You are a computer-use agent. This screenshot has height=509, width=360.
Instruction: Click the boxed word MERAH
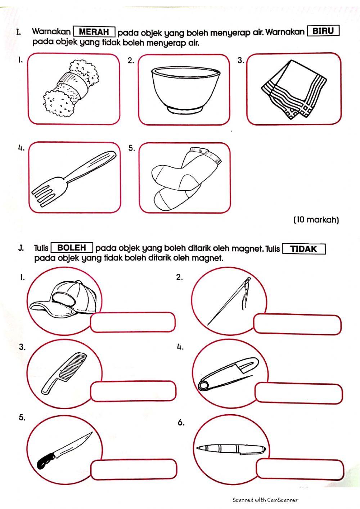point(94,32)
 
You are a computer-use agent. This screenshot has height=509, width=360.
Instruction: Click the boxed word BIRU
point(323,31)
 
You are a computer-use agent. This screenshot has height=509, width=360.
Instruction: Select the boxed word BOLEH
point(72,248)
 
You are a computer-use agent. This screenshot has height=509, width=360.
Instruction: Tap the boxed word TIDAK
point(304,249)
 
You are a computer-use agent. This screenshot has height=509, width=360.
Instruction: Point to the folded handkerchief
point(295,89)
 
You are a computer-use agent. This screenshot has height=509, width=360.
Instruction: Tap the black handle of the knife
point(45,461)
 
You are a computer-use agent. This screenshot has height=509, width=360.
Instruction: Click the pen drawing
point(231,448)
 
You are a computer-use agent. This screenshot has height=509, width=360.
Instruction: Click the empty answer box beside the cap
point(132,322)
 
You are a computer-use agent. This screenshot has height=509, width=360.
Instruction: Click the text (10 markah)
point(316,219)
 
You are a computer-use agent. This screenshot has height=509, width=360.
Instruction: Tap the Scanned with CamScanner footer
point(265,500)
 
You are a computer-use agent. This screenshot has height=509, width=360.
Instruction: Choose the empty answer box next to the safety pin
point(298,393)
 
